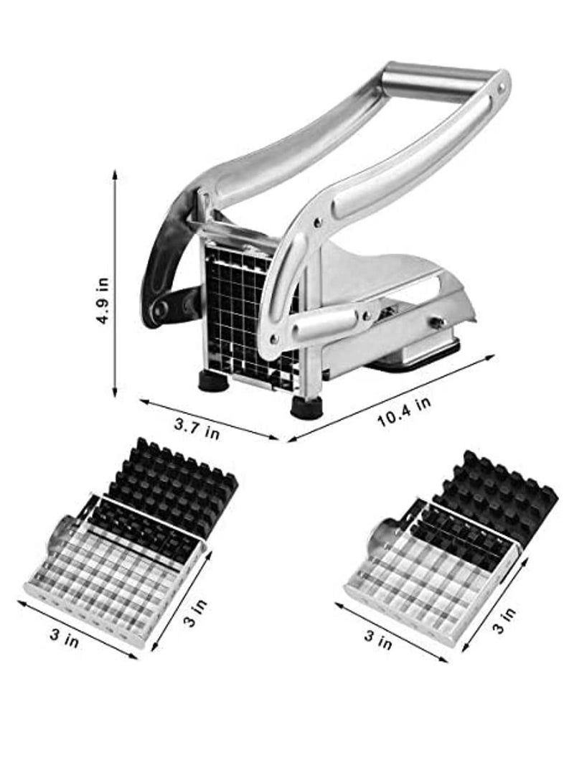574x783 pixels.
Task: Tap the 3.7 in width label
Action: coord(197,428)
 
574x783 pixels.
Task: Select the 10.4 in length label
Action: coord(404,412)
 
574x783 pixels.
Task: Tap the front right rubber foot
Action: coord(306,407)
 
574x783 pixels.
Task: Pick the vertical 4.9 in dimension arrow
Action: coord(115,283)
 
